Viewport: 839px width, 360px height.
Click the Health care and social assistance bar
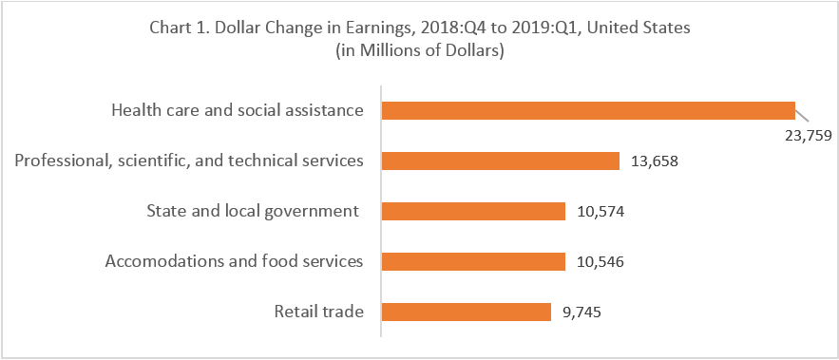587,110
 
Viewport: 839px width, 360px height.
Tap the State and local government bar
473,211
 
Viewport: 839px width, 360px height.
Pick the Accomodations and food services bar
473,261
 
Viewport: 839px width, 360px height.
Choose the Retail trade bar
466,312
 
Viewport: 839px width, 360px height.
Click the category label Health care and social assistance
238,110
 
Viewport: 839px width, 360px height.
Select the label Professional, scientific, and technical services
189,161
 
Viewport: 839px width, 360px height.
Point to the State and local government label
254,211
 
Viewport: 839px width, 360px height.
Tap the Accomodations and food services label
235,261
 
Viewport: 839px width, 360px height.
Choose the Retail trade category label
319,312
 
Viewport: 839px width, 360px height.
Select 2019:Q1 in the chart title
568,28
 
